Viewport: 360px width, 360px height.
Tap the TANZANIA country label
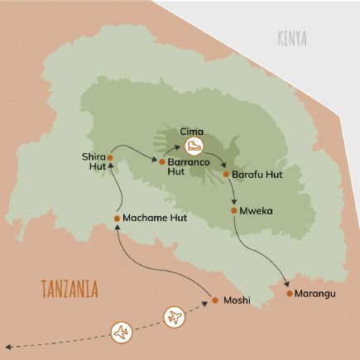(69, 289)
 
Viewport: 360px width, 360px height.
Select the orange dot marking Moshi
(214, 300)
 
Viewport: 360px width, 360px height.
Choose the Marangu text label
(319, 294)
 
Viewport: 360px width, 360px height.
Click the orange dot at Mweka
(235, 211)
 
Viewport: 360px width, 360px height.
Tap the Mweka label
(257, 211)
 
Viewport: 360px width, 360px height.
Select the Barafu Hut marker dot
(225, 175)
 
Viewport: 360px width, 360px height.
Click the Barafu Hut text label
(256, 175)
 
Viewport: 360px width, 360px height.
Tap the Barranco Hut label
(182, 169)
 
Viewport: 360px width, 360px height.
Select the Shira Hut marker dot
(109, 149)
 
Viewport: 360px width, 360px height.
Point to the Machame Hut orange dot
(117, 218)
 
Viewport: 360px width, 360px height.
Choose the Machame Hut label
(153, 218)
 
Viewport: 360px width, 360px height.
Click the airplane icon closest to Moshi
(175, 316)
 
